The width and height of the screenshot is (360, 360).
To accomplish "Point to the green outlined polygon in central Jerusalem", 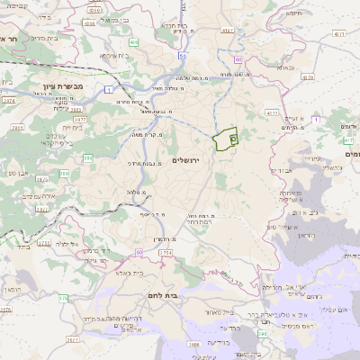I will pyautogui.click(x=225, y=139).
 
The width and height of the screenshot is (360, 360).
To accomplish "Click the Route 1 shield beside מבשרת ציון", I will pyautogui.click(x=107, y=88).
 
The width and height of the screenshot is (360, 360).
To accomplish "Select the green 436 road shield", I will pyautogui.click(x=133, y=41).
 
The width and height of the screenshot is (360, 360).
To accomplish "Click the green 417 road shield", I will pyautogui.click(x=347, y=141).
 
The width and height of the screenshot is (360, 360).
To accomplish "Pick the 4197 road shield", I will pyautogui.click(x=228, y=31).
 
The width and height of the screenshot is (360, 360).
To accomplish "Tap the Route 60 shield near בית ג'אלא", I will pyautogui.click(x=139, y=253).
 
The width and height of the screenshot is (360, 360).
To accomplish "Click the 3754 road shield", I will pyautogui.click(x=166, y=254).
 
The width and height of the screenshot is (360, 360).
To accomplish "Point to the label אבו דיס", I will pyautogui.click(x=281, y=169).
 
